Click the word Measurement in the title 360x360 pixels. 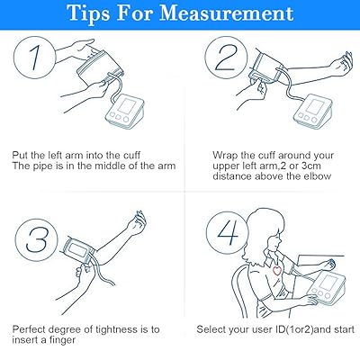(227, 13)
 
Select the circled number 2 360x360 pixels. (226, 58)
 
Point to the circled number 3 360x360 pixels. (36, 240)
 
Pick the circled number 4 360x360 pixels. (228, 232)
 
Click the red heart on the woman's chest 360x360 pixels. (277, 270)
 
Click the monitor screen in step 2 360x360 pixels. (315, 106)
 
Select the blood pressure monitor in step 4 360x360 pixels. (328, 287)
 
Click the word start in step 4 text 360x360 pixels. (344, 329)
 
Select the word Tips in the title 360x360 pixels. (89, 13)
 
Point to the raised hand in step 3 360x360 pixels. (137, 223)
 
